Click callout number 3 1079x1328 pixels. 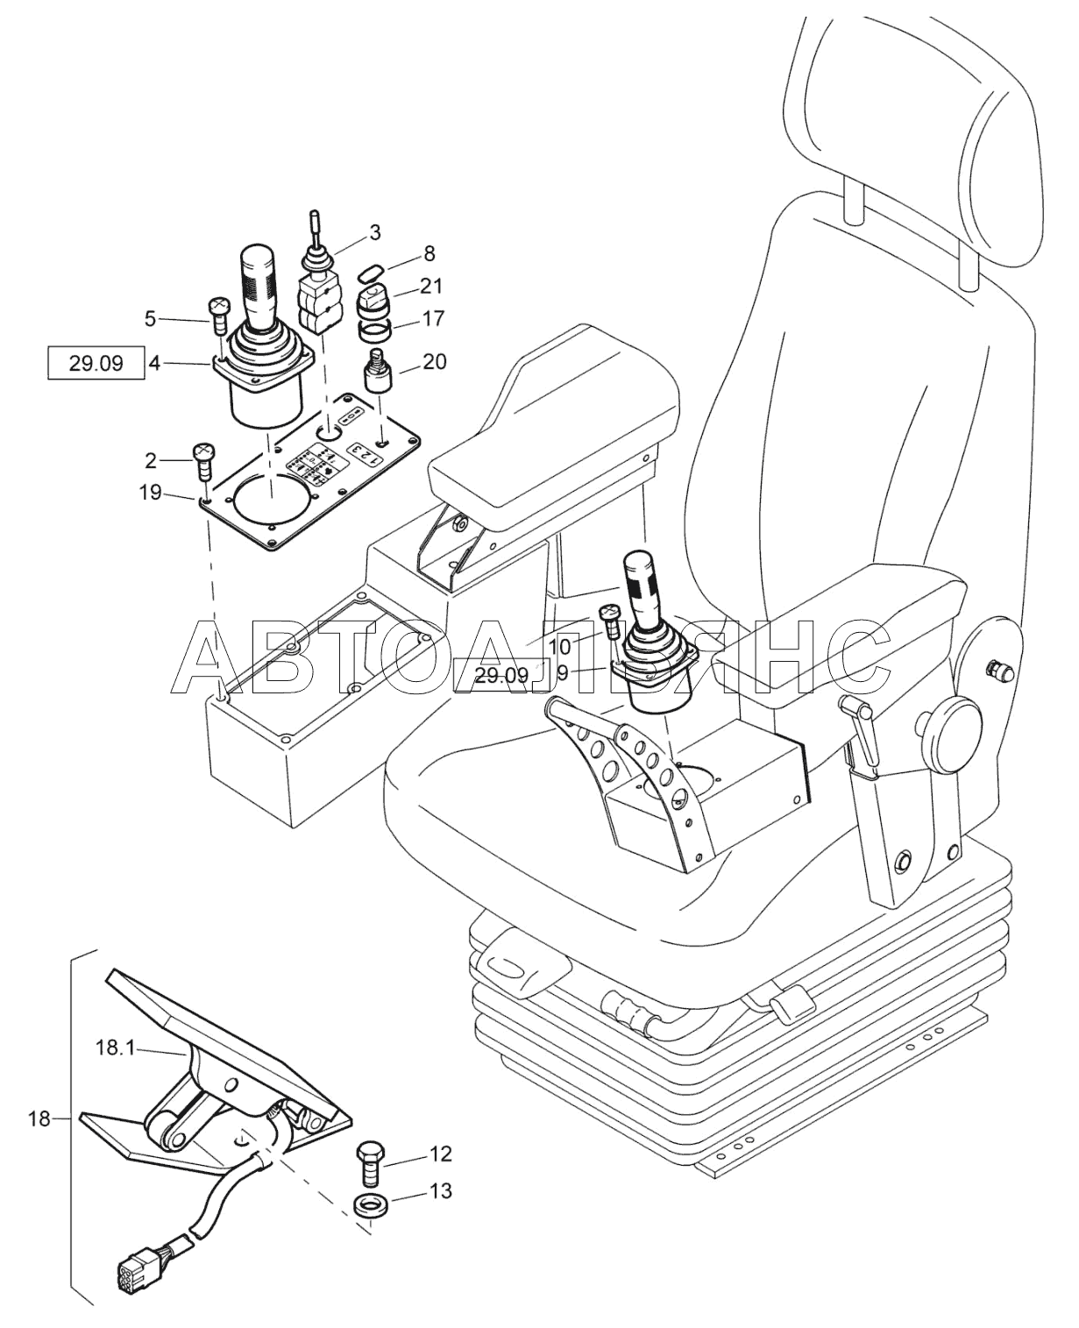[x=374, y=233]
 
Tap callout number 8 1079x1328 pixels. [x=429, y=254]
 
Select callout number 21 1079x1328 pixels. [x=430, y=286]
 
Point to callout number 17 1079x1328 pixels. [x=433, y=318]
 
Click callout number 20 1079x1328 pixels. [x=434, y=361]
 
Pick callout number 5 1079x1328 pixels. [x=150, y=319]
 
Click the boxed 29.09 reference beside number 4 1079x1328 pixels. [x=96, y=362]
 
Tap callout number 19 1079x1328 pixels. [x=150, y=493]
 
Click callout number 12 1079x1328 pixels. [x=441, y=1154]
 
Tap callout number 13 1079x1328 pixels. [x=441, y=1191]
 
